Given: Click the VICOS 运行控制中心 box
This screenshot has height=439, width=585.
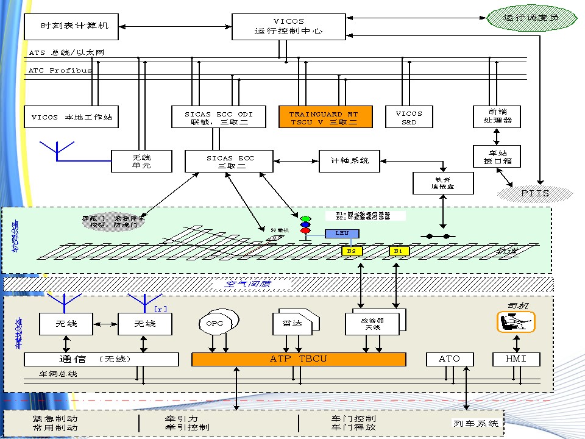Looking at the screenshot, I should [x=288, y=26].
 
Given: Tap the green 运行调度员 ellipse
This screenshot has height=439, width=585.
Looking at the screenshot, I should [x=531, y=18].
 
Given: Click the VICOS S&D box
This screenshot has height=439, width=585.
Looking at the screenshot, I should [x=409, y=117].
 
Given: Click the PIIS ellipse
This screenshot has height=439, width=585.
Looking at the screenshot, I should [x=535, y=193].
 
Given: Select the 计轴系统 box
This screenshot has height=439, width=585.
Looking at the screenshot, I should [x=349, y=161].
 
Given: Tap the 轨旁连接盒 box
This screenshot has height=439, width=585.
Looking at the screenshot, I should [x=443, y=183].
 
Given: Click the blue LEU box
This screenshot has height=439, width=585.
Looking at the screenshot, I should [x=342, y=233].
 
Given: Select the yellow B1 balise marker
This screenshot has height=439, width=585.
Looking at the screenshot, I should [x=399, y=251].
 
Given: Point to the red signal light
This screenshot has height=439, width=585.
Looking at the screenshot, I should [x=305, y=230].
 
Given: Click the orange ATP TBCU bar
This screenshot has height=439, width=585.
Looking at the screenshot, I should [x=299, y=359].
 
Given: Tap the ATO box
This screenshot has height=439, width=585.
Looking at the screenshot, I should [x=449, y=359].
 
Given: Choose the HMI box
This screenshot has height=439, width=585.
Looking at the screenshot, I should [x=517, y=359].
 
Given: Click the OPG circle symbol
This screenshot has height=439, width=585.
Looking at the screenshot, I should [x=214, y=323].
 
